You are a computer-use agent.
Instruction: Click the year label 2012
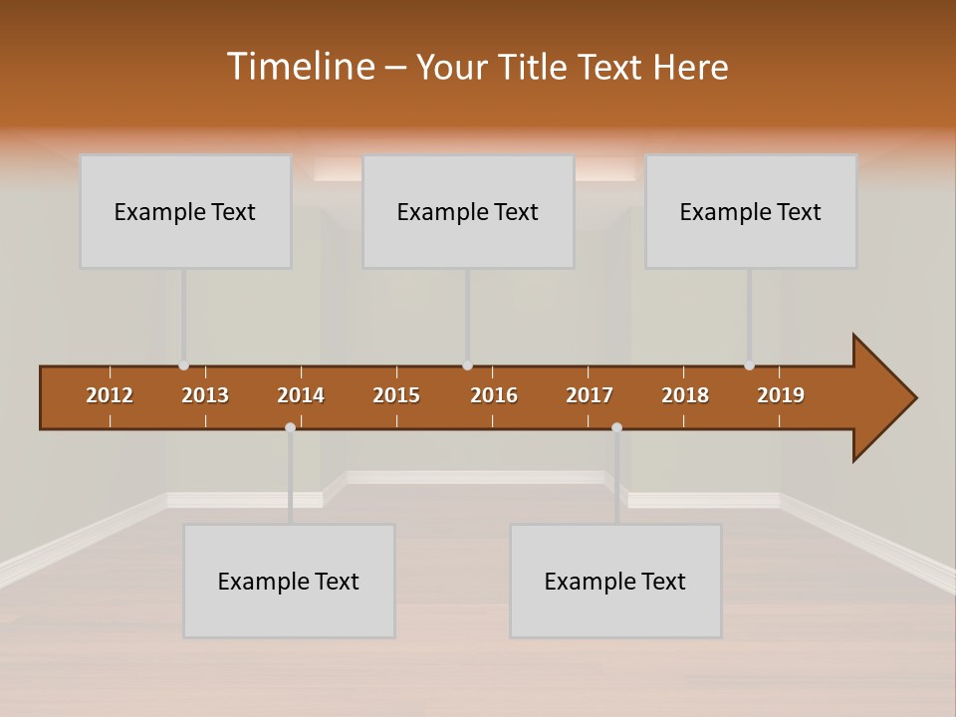(x=110, y=395)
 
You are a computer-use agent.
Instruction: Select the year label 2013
(x=205, y=395)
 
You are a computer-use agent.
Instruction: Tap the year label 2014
(x=301, y=395)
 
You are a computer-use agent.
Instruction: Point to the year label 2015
(x=396, y=395)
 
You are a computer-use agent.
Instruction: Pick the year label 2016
(x=494, y=395)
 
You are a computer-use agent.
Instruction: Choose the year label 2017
(x=590, y=395)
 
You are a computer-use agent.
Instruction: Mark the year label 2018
(x=685, y=395)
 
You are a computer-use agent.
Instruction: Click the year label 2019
(x=781, y=395)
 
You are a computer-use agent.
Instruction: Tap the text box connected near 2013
(x=185, y=211)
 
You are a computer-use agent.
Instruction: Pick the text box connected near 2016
(x=468, y=211)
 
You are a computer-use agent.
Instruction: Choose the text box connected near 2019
(x=751, y=211)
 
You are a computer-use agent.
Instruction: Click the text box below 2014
(x=289, y=581)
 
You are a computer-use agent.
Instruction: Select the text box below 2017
(x=615, y=581)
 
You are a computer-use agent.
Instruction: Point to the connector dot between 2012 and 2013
(x=183, y=365)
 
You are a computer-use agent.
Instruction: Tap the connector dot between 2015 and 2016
(x=467, y=365)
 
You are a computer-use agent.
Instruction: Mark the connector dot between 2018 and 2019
(x=749, y=365)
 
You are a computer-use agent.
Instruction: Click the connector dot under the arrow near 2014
(x=290, y=427)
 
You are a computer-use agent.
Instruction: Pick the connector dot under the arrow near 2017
(x=616, y=427)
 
